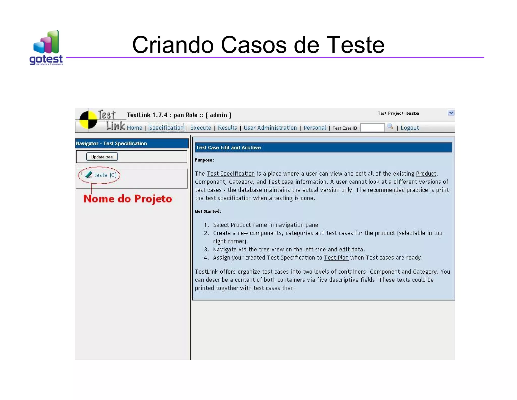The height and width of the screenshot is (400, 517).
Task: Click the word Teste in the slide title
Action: click(355, 45)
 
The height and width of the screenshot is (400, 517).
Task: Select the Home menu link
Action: click(134, 128)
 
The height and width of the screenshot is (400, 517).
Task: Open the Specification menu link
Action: click(166, 128)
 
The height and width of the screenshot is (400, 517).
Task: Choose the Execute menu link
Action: click(200, 128)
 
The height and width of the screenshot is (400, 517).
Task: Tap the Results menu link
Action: click(227, 128)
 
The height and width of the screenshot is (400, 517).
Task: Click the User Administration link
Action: click(270, 128)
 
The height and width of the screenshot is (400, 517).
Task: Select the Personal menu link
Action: click(315, 128)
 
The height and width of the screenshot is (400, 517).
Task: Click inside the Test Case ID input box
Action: click(372, 128)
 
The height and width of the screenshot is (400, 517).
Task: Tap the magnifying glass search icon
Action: click(390, 126)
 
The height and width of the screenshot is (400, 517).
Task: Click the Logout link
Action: click(409, 128)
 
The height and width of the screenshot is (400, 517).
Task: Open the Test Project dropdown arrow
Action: click(451, 113)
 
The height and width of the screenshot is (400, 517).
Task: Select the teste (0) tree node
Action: click(105, 175)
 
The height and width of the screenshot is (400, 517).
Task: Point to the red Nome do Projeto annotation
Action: click(127, 199)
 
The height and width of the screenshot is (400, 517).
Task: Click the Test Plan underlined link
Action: click(336, 258)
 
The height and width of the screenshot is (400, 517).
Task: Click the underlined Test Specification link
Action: click(230, 174)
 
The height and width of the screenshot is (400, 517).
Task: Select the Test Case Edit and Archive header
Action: click(228, 148)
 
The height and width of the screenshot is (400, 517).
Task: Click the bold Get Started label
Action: click(207, 211)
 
